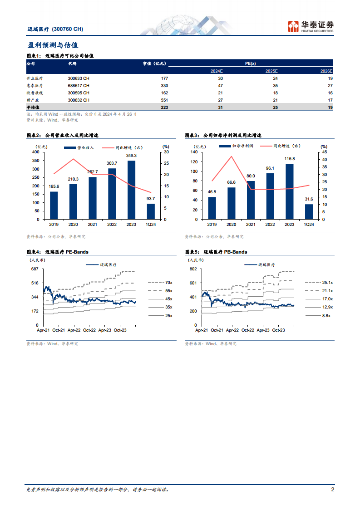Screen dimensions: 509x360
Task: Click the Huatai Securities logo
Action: [311, 26]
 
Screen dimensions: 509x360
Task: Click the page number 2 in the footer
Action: [332, 489]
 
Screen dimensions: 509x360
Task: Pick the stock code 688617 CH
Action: [79, 85]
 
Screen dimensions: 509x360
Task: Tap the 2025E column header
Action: [271, 71]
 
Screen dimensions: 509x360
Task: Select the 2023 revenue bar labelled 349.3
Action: [131, 190]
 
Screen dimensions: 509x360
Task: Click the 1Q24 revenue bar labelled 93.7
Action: [151, 211]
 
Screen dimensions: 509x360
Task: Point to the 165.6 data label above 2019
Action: [54, 187]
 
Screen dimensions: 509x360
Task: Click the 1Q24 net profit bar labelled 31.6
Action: [309, 211]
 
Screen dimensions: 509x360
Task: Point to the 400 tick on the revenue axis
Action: [36, 152]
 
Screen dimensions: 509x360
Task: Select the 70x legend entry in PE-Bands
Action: [168, 282]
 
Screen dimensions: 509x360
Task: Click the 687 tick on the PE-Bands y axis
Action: [35, 269]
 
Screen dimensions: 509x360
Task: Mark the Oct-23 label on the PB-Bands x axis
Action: [278, 330]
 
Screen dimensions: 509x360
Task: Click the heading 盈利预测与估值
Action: [53, 45]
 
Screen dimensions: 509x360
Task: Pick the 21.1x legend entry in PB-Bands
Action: [327, 290]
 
